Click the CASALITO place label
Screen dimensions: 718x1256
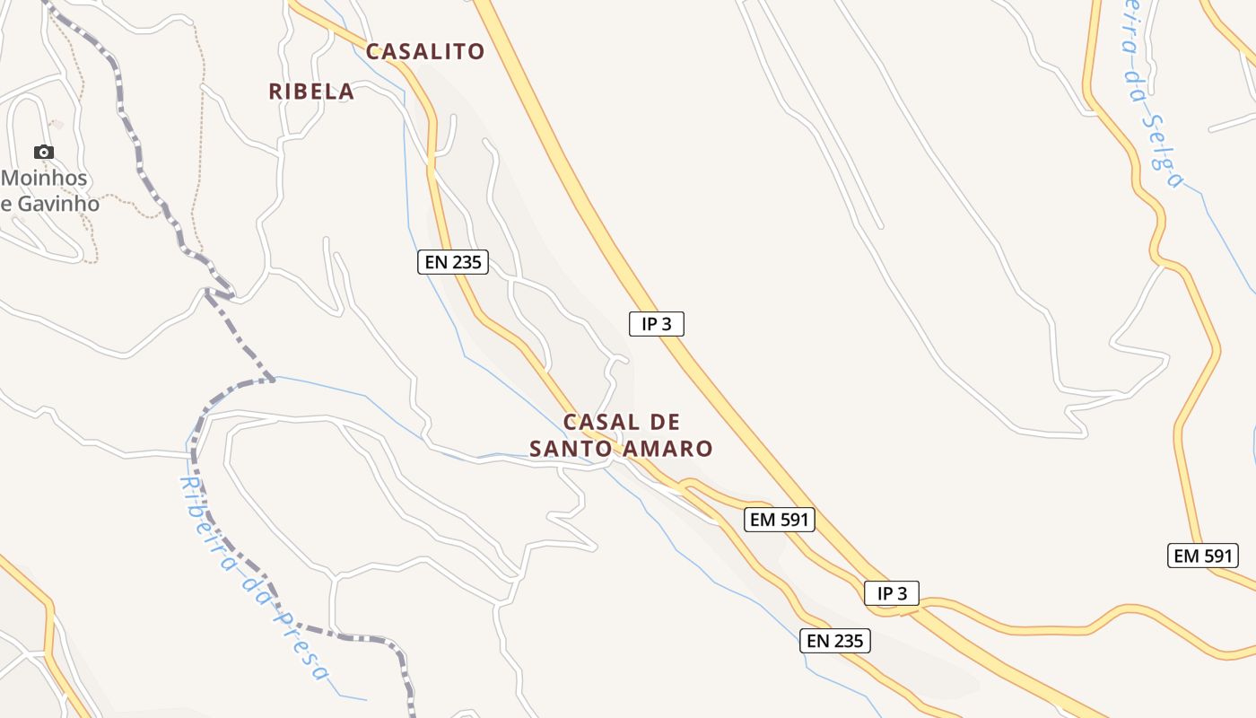(425, 51)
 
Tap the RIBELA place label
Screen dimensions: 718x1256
(311, 92)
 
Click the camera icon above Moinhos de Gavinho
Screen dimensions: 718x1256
(43, 152)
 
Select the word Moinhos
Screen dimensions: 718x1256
(45, 178)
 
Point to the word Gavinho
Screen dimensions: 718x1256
(56, 204)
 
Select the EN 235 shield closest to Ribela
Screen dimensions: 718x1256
(453, 263)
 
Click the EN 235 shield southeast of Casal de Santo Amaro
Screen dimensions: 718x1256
(835, 641)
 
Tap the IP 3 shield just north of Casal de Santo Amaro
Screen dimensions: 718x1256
(657, 324)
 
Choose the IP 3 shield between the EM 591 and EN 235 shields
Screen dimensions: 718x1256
(892, 593)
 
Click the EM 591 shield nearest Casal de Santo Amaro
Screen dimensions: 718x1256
(780, 519)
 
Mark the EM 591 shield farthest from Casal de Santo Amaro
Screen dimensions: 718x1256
(1203, 556)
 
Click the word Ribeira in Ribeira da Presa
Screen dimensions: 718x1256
(202, 521)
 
